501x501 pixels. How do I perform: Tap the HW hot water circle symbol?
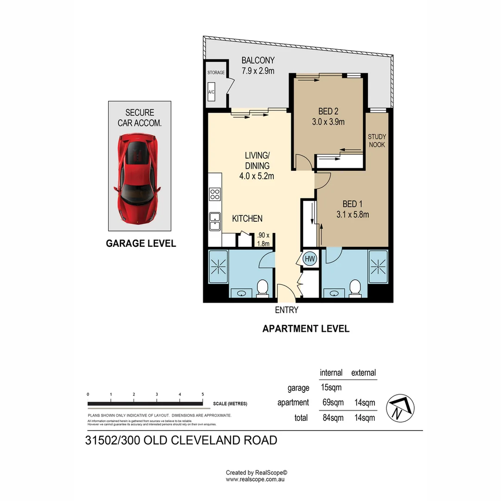coord(309,259)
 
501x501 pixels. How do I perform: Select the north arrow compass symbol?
coord(400,408)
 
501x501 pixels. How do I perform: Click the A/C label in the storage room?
coord(212,92)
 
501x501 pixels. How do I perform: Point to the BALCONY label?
coord(258,60)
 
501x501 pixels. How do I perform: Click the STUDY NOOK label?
coord(377,141)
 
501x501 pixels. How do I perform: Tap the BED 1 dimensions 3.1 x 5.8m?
coord(353,214)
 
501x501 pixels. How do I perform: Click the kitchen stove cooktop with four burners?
coord(215,194)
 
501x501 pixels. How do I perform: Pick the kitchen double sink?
coord(215,221)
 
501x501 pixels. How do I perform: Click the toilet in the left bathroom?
coord(263,288)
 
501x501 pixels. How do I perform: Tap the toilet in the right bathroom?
coord(356,287)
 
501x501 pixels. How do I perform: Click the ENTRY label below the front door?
coord(286,310)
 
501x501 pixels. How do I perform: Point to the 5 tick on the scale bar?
coord(203,394)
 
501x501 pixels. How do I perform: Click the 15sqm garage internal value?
coord(331,387)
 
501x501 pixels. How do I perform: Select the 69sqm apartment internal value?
coord(333,402)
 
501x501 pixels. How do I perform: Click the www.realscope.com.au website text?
coord(255,479)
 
